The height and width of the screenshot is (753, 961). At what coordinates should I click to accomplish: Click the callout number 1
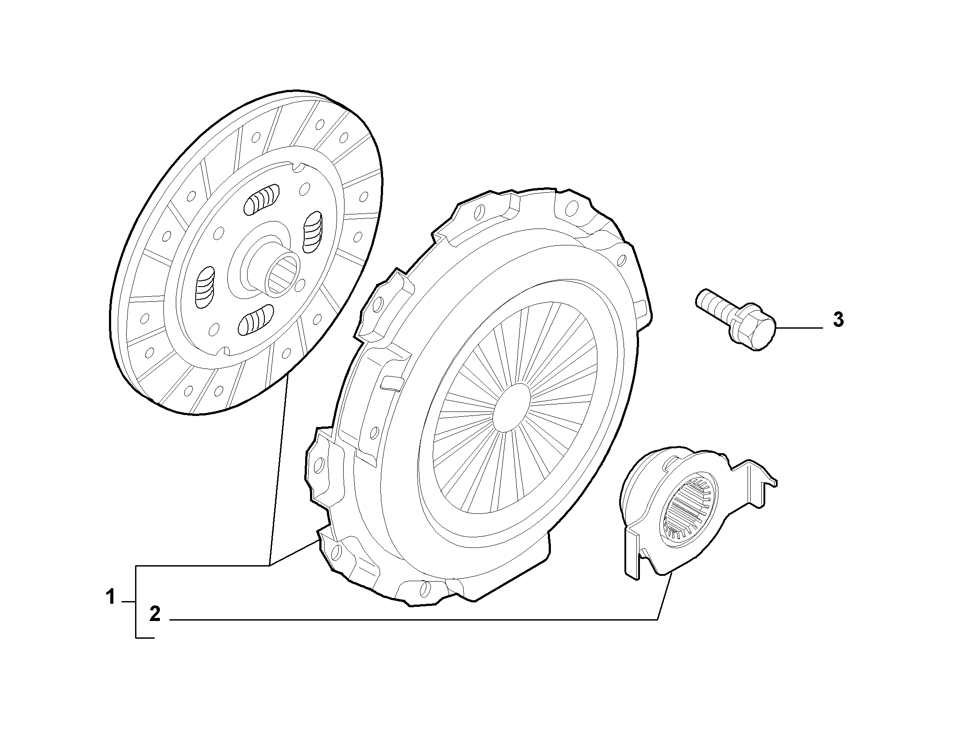click(x=110, y=597)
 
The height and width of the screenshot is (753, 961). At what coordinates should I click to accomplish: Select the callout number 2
click(x=155, y=614)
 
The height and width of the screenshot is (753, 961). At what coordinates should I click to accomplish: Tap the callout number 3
click(x=838, y=320)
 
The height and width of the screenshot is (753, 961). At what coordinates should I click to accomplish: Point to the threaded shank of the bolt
click(x=713, y=305)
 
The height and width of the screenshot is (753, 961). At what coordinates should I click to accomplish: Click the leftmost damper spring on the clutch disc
click(x=205, y=287)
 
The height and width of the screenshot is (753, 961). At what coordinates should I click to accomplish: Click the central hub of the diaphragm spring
click(x=512, y=408)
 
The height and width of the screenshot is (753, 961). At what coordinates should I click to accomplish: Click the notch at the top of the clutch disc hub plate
click(x=297, y=167)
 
